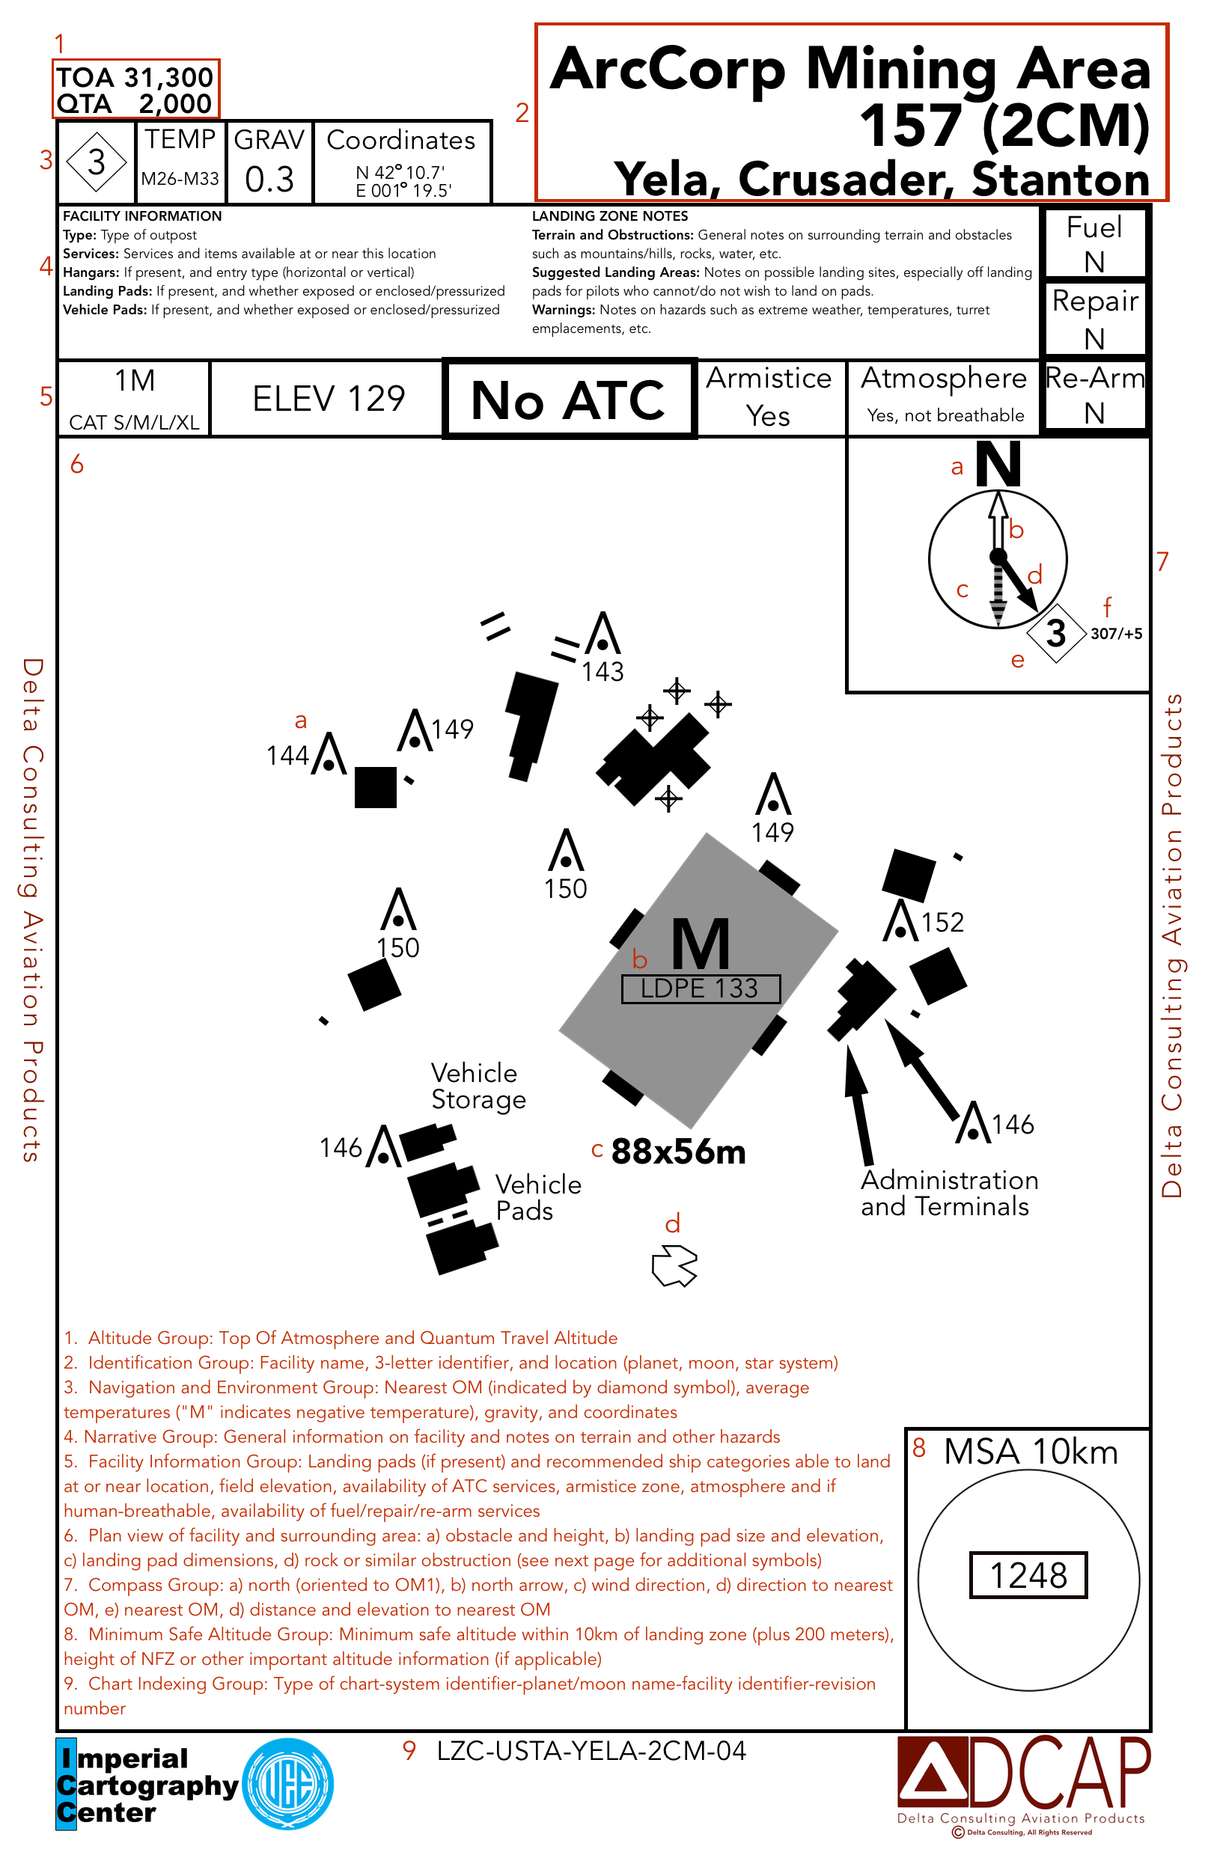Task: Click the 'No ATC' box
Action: point(568,400)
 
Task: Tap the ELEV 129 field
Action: point(329,399)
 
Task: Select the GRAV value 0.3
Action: point(269,180)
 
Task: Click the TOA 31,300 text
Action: point(135,77)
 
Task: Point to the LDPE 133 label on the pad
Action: point(700,988)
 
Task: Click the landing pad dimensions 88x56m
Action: point(678,1152)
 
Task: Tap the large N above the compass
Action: point(998,465)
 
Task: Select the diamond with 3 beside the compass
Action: point(1056,633)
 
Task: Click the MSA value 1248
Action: point(1028,1575)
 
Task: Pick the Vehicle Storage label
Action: point(478,1087)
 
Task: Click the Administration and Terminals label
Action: point(949,1193)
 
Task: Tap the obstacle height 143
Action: point(603,671)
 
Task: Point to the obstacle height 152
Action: point(942,922)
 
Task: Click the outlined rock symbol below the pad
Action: point(674,1265)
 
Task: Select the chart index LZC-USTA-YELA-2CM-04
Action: point(591,1751)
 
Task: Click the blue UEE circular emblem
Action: point(288,1785)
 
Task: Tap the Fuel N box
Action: point(1093,243)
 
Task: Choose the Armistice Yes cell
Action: point(768,397)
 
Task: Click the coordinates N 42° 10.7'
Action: point(400,172)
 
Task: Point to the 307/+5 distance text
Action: point(1116,633)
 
